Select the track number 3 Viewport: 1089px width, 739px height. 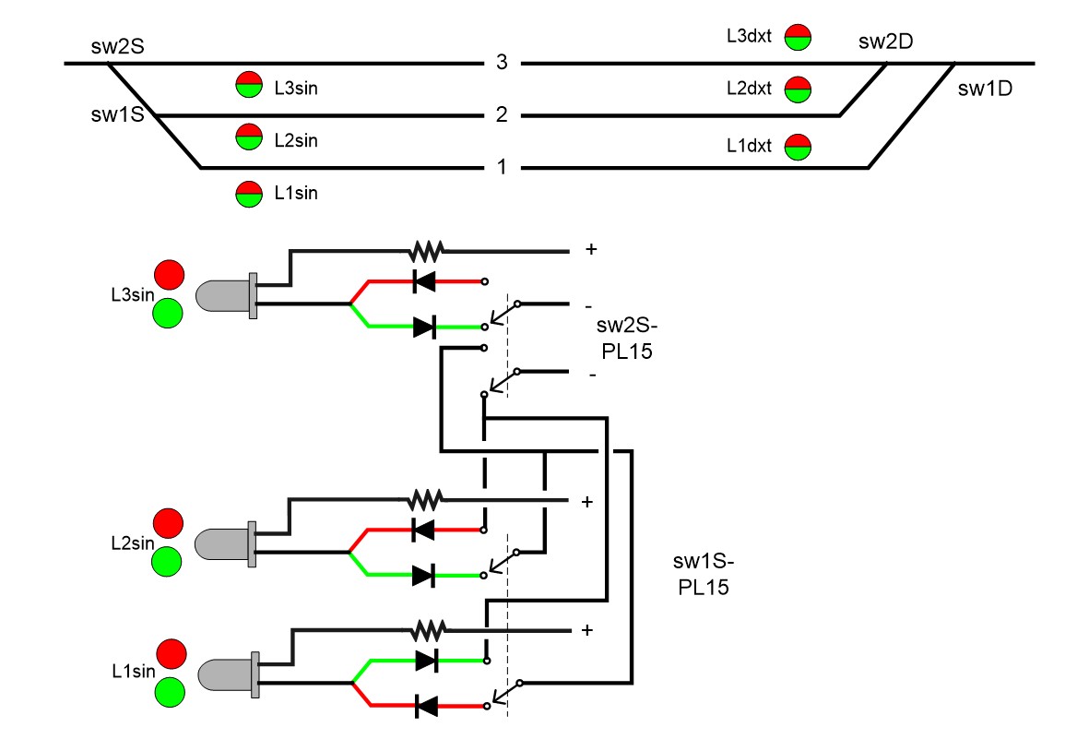502,63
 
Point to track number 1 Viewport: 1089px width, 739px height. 502,168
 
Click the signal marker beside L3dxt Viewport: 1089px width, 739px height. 798,37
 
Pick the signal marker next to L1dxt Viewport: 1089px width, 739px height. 798,147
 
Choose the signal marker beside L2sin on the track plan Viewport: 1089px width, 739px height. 249,137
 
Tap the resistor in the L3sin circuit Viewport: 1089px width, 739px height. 427,249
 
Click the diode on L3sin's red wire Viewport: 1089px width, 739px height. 425,281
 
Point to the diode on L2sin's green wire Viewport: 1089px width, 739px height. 424,576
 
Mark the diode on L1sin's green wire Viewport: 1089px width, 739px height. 426,661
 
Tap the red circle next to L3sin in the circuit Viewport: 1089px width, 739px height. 169,274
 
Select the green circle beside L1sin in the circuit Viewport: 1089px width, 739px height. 170,691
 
